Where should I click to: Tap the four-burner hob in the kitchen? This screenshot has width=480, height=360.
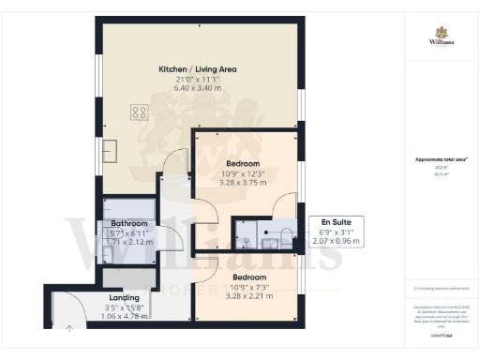(139, 112)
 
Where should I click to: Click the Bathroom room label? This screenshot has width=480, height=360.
(128, 224)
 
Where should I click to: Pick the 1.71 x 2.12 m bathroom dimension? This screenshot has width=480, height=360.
(128, 242)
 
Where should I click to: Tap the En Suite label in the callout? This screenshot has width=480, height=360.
(335, 221)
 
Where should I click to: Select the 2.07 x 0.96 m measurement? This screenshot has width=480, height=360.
(335, 241)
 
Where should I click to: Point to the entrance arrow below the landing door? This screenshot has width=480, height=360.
(69, 327)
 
